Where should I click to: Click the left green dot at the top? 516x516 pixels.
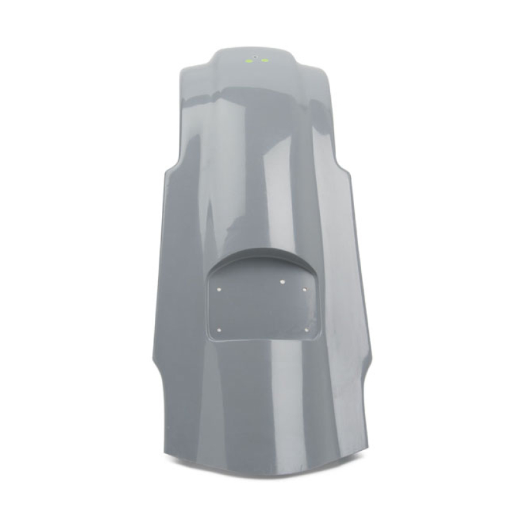coord(247,61)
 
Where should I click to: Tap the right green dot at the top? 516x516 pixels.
coord(264,61)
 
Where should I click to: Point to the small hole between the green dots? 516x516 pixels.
coord(255,57)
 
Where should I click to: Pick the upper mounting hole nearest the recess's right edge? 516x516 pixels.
coord(305,290)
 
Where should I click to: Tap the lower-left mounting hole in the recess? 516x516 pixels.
coord(221,329)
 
